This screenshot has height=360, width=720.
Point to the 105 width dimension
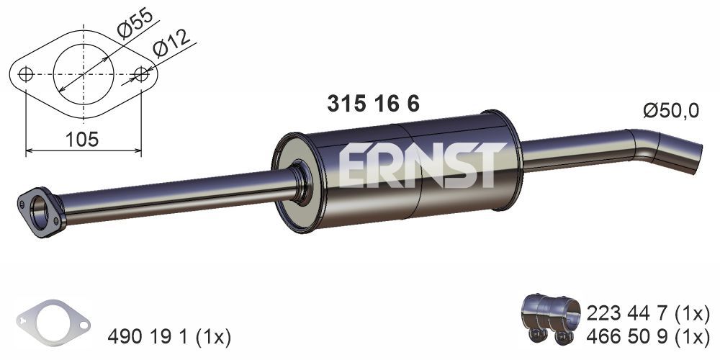(x=82, y=140)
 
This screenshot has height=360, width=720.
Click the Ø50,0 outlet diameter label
(x=670, y=111)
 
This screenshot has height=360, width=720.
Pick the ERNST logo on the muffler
(x=418, y=165)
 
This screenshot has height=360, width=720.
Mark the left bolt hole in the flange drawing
(x=26, y=74)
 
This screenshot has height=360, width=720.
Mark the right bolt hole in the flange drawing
(x=142, y=74)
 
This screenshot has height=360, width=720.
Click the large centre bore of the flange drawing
(x=84, y=74)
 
